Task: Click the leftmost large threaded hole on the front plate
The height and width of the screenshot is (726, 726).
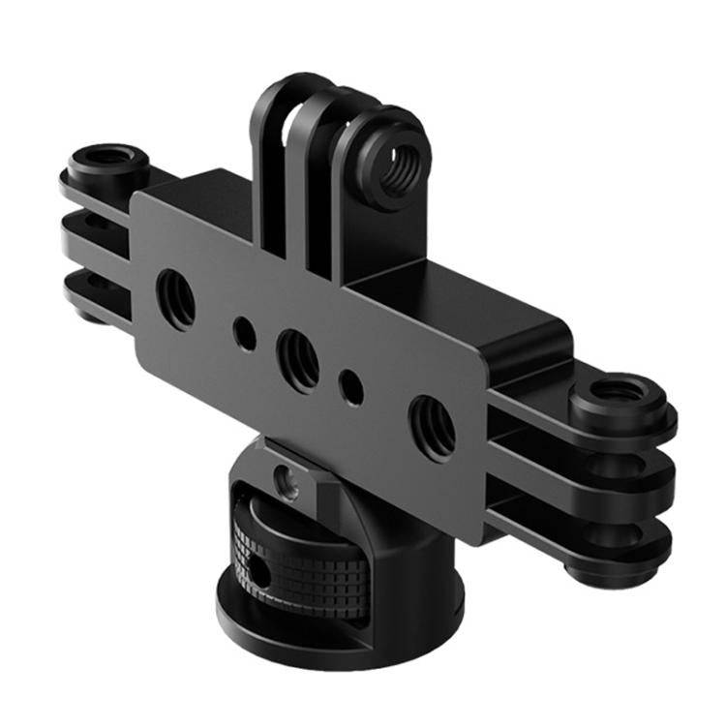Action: (x=175, y=297)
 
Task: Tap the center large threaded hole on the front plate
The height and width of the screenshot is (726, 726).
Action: (x=297, y=359)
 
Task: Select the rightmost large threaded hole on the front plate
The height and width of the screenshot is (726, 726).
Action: (x=430, y=423)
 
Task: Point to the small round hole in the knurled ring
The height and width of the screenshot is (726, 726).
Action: (x=258, y=573)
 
